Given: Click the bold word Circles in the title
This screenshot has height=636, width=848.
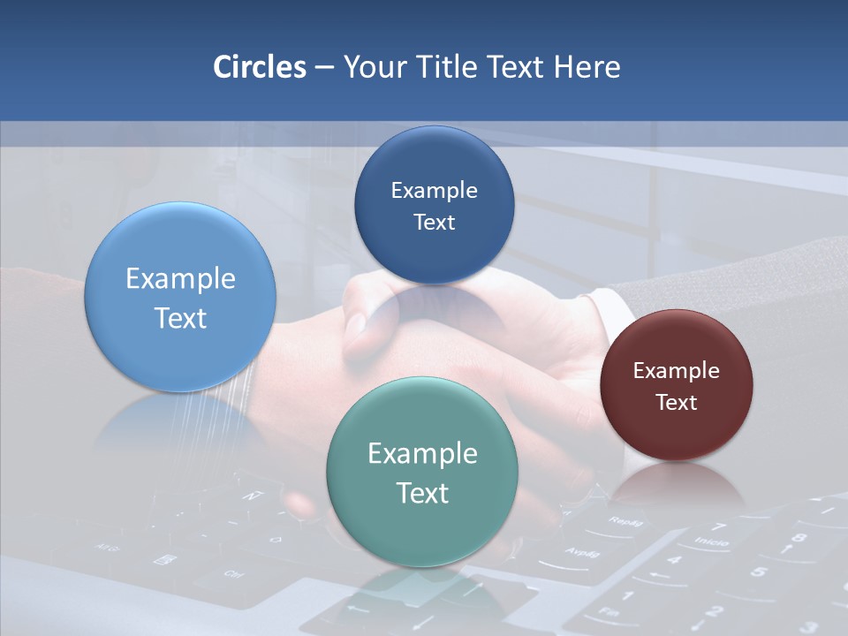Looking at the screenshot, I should click(259, 67).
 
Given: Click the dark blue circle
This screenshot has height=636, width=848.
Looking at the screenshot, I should click(434, 205).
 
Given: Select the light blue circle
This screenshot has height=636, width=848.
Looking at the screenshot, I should click(180, 297).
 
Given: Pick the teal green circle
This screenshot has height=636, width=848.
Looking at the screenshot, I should click(422, 472).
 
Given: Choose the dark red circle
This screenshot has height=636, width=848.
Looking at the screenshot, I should click(677, 385).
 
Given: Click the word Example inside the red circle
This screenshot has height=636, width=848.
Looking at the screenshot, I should click(677, 371).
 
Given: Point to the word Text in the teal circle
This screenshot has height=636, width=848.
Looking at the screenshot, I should click(422, 493).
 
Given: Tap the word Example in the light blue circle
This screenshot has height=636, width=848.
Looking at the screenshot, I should click(180, 279).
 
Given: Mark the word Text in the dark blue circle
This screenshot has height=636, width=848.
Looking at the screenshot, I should click(434, 223).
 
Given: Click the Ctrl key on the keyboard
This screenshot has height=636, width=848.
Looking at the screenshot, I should click(232, 575).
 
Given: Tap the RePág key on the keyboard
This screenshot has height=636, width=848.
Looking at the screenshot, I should click(624, 522).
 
